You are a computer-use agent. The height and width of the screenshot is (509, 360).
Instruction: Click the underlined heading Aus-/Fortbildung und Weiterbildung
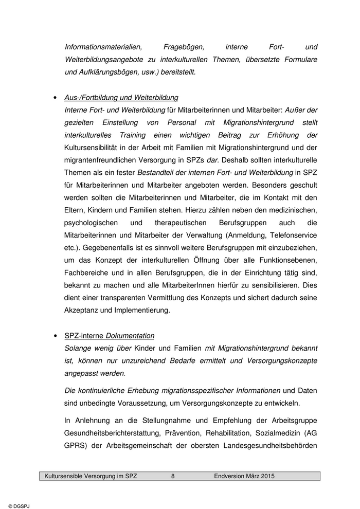tap(121, 97)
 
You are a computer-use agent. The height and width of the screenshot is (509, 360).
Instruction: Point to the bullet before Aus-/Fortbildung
tap(55, 98)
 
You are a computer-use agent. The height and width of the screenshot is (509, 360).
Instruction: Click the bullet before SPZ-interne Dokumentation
tap(55, 336)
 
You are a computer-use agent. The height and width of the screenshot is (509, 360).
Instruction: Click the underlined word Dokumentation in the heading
tap(130, 336)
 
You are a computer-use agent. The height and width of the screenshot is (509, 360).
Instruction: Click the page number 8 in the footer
tap(173, 476)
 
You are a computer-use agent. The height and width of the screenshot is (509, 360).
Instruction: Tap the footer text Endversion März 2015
tap(244, 476)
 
